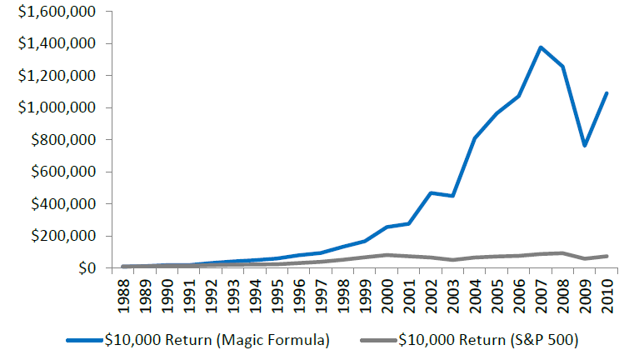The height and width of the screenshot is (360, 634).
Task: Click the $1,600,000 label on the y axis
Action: (51, 12)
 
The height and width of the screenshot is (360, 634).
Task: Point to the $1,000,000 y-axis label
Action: (51, 108)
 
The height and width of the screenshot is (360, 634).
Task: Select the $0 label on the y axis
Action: (86, 268)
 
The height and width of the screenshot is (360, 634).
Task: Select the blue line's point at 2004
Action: (475, 138)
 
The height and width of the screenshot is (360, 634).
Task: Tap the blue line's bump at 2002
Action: (432, 192)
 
